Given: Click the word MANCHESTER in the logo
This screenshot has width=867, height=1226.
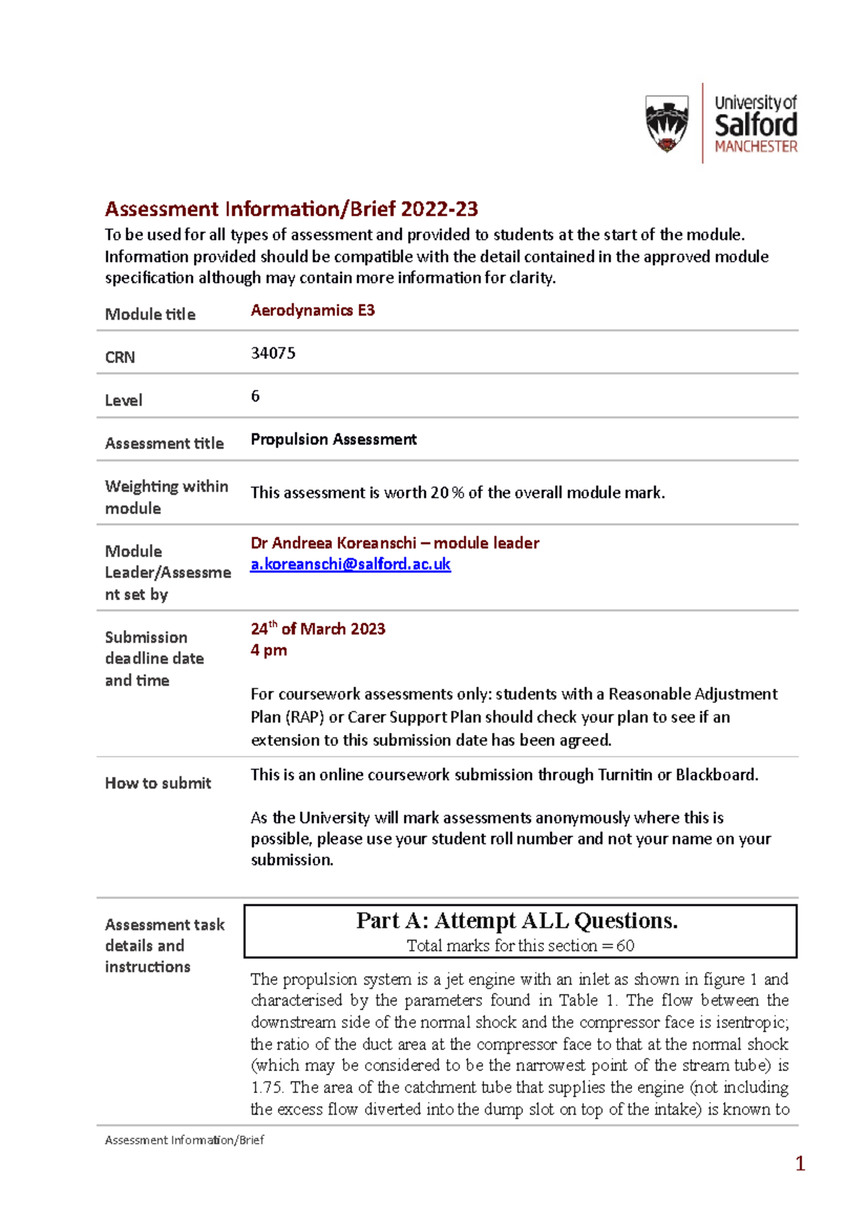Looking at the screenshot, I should (756, 147).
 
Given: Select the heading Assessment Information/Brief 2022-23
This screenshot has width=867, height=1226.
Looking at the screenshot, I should (291, 209).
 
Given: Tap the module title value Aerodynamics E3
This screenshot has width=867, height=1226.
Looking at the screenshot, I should (312, 310).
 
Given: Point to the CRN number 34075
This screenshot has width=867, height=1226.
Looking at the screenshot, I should (273, 353).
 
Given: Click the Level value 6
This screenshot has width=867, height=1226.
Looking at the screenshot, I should (255, 396).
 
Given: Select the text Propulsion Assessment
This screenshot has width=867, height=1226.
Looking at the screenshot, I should (333, 439).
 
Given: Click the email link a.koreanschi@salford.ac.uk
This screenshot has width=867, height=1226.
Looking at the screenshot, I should (350, 564).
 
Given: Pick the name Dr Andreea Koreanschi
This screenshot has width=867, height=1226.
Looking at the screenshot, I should (333, 543).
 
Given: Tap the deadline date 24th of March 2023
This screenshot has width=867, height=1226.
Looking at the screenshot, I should (318, 629).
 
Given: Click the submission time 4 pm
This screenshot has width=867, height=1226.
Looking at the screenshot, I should (269, 650).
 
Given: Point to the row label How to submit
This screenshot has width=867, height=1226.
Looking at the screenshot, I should (158, 783).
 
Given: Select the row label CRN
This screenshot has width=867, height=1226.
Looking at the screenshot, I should (120, 357).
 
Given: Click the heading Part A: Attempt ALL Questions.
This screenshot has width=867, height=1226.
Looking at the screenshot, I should (517, 921).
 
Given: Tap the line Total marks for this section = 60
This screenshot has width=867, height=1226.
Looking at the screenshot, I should (520, 946).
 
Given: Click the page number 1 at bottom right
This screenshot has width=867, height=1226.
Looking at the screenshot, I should (800, 1163).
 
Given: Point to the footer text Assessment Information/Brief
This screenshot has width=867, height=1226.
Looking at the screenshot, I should (184, 1140).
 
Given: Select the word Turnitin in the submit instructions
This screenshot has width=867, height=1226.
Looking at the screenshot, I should (625, 775).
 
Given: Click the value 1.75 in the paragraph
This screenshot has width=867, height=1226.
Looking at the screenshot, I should (267, 1087).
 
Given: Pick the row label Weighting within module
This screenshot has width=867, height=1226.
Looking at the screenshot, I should (166, 497).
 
